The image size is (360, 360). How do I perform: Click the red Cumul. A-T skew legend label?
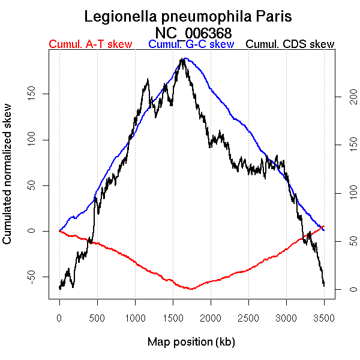point(90,44)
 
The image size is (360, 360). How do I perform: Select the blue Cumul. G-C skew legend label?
point(191,44)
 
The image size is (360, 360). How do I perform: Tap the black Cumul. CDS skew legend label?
point(290,44)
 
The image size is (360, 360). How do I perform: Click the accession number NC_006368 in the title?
point(193,32)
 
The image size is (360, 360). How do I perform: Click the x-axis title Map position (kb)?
point(191,342)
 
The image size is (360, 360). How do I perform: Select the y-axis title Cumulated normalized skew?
point(8,181)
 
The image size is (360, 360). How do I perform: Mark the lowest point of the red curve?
point(191,289)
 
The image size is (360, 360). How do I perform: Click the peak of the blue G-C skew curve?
point(186,59)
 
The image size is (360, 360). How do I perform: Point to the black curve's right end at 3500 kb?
point(324,286)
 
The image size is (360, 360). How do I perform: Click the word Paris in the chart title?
point(271,16)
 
